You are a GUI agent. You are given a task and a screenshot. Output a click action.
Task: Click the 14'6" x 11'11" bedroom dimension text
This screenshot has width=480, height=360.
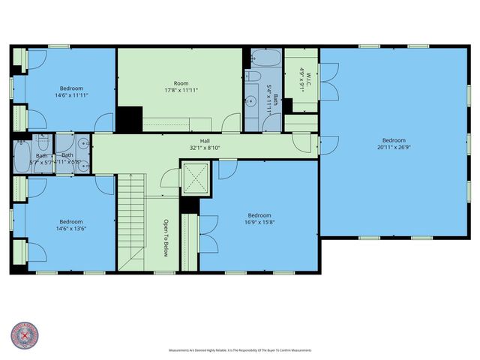71,95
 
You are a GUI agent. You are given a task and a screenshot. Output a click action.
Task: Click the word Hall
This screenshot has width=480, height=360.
204,140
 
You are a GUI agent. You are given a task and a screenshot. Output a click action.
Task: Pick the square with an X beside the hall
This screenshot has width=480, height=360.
191,179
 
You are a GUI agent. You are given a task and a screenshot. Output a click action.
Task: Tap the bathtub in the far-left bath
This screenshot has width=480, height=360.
20,155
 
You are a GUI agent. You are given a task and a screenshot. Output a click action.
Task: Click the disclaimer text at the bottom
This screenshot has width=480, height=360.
239,350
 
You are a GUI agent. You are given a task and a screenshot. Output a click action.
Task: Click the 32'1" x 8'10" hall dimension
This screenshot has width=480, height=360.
204,148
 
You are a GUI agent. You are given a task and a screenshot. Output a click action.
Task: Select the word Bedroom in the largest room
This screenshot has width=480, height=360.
394,140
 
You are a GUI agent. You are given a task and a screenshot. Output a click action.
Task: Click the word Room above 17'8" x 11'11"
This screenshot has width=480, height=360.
181,83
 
